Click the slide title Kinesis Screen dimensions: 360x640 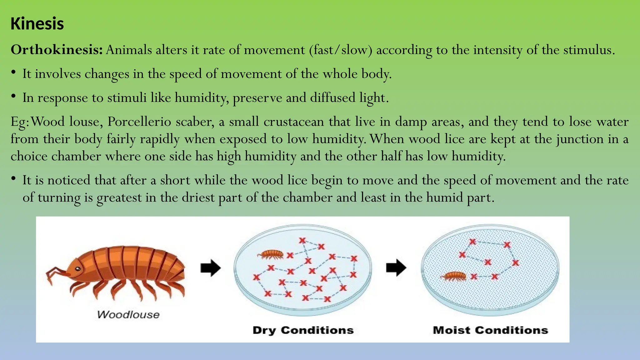tap(37, 24)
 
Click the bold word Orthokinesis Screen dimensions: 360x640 tap(57, 50)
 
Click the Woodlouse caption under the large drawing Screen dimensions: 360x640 tap(128, 314)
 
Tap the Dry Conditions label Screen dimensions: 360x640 tap(303, 330)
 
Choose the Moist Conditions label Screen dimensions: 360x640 tap(490, 330)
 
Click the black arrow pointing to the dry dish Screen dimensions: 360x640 tap(211, 268)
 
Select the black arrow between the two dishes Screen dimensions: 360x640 tap(396, 268)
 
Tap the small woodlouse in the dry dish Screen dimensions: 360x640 tap(271, 254)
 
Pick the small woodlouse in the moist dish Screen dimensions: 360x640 tap(454, 276)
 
